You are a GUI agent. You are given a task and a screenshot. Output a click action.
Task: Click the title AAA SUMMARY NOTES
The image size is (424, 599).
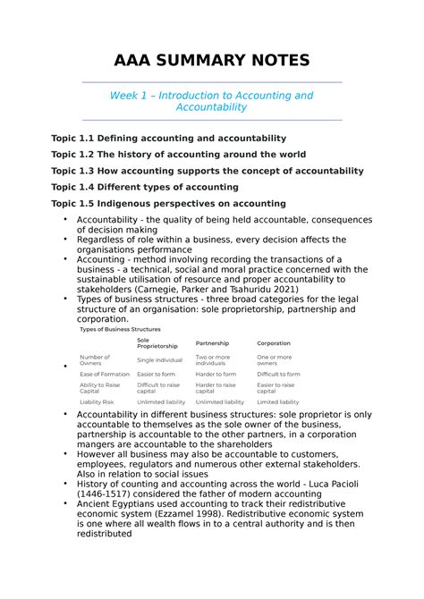point(211,60)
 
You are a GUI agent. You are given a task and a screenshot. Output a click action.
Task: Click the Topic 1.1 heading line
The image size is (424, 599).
point(168,139)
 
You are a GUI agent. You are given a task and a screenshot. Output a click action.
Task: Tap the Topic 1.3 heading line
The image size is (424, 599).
point(208,171)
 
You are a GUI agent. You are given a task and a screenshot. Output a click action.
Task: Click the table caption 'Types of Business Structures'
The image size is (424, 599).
point(120,329)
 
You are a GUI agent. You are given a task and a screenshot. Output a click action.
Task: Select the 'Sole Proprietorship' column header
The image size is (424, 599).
point(157,343)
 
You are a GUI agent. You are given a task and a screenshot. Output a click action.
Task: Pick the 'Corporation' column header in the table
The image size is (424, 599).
point(274,343)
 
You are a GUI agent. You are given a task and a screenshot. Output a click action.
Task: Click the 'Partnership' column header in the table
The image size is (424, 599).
point(212,343)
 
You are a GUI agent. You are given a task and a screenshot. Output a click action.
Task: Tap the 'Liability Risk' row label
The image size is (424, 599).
point(97,402)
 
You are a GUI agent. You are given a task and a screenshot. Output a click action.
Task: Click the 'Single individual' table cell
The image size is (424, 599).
point(161,360)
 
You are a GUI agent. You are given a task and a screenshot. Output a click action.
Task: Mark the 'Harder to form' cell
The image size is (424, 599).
point(216,374)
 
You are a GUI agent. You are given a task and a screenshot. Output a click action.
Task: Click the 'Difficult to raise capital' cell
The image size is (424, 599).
point(158,388)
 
